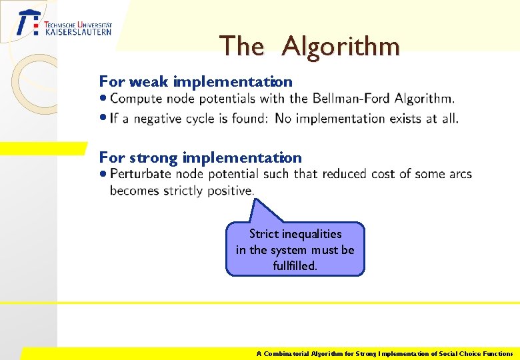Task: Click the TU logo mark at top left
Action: tap(28, 23)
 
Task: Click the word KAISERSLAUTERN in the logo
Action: tap(78, 31)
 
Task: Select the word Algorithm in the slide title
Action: tap(341, 46)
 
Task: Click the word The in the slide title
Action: tap(241, 46)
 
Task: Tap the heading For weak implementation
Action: tap(195, 82)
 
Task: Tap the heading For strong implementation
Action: tap(200, 158)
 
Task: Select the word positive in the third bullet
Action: tap(231, 191)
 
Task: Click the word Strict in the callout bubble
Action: tap(264, 234)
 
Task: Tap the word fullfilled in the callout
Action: tap(295, 266)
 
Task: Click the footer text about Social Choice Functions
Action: tap(385, 354)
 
